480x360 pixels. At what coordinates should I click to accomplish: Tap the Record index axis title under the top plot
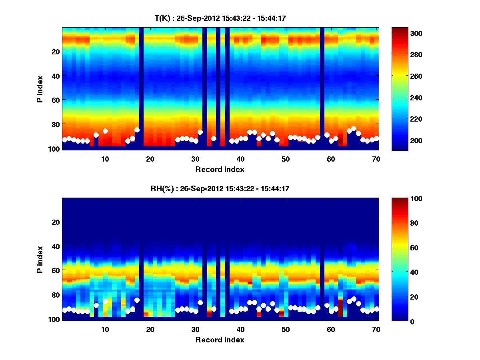220,169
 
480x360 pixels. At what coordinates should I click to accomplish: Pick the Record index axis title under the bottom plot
220,340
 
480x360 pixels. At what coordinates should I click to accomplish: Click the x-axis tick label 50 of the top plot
286,159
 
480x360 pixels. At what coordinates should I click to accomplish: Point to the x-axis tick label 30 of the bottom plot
195,329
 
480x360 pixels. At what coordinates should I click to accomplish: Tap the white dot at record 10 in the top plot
105,131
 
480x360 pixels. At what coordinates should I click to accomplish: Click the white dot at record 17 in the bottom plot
137,300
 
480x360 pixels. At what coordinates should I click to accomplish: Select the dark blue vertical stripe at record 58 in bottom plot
322,280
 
